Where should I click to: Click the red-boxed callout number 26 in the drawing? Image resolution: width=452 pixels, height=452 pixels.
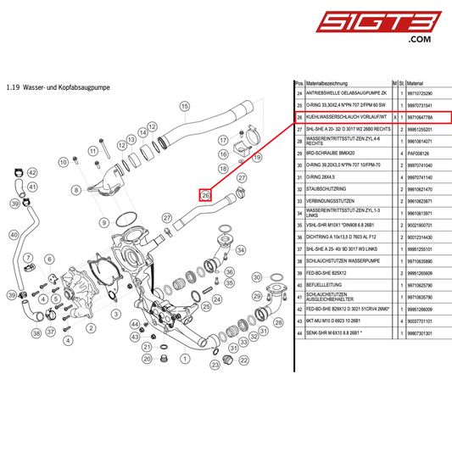(204, 195)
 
